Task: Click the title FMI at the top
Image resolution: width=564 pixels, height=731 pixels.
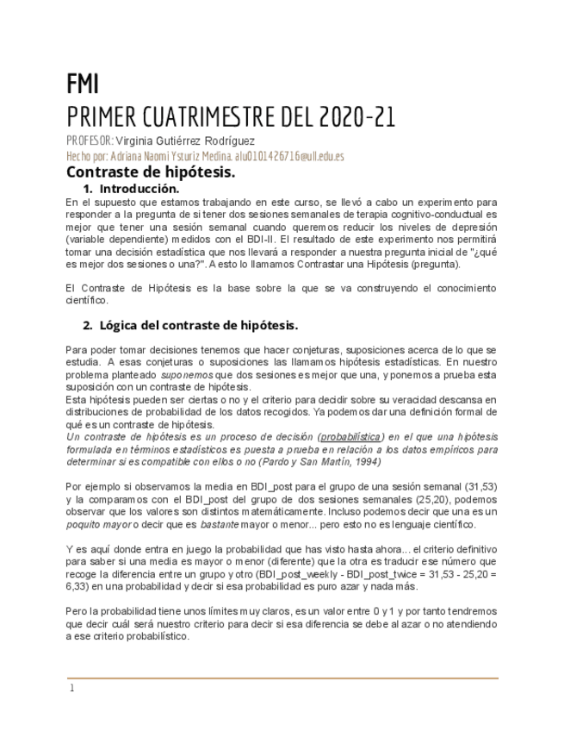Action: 83,84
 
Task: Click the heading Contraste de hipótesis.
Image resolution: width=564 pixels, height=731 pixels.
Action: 150,172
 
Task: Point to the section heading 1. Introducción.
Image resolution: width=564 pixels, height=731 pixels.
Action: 131,188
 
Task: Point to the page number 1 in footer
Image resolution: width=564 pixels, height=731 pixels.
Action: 72,688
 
